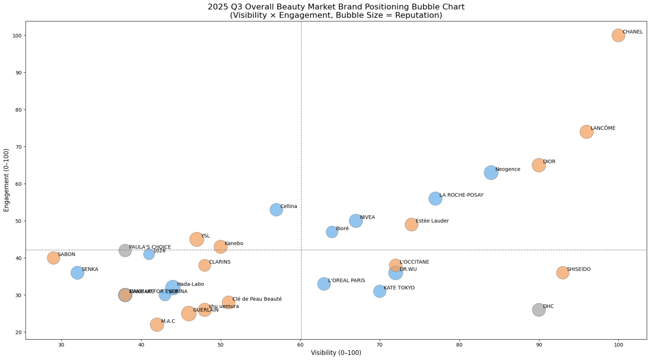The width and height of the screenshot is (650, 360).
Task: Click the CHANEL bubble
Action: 618,36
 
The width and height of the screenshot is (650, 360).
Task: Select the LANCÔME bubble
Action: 586,132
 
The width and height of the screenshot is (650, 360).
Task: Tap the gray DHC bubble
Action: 539,310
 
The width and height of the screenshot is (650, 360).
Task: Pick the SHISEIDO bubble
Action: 562,272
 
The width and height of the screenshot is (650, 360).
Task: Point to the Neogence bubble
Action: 491,172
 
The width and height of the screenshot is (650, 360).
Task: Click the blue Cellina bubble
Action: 276,210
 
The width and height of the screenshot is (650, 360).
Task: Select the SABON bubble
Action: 53,258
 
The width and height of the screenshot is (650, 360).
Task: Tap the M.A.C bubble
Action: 157,324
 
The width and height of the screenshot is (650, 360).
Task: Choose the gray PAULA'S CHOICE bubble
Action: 125,250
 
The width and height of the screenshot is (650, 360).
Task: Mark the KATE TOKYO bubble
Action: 380,291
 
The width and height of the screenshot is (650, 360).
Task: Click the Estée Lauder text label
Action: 432,221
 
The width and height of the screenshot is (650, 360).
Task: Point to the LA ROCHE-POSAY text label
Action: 461,195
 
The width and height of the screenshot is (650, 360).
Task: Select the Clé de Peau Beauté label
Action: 257,299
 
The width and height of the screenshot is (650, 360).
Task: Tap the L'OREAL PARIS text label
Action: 346,281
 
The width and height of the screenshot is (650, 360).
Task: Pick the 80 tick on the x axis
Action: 459,345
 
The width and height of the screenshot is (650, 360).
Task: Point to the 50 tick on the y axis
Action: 19,221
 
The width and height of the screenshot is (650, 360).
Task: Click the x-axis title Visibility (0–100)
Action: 336,353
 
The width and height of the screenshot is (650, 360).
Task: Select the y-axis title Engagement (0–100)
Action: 6,180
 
